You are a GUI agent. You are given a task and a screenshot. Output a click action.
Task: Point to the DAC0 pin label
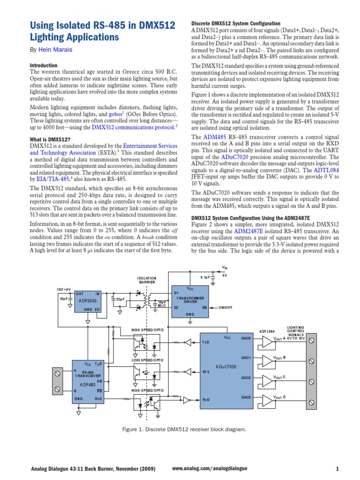click(x=246, y=337)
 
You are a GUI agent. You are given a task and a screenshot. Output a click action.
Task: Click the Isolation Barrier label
click(x=147, y=280)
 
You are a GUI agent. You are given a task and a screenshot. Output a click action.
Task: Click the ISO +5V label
click(x=63, y=289)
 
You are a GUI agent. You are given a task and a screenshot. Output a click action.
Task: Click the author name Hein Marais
click(x=55, y=49)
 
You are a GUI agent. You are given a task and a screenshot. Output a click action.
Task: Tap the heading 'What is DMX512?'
click(x=50, y=139)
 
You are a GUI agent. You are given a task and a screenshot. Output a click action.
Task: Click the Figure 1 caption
click(x=180, y=429)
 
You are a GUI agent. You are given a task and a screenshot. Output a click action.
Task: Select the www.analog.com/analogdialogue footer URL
click(x=210, y=469)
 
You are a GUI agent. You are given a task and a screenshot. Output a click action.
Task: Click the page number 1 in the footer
click(x=337, y=469)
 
